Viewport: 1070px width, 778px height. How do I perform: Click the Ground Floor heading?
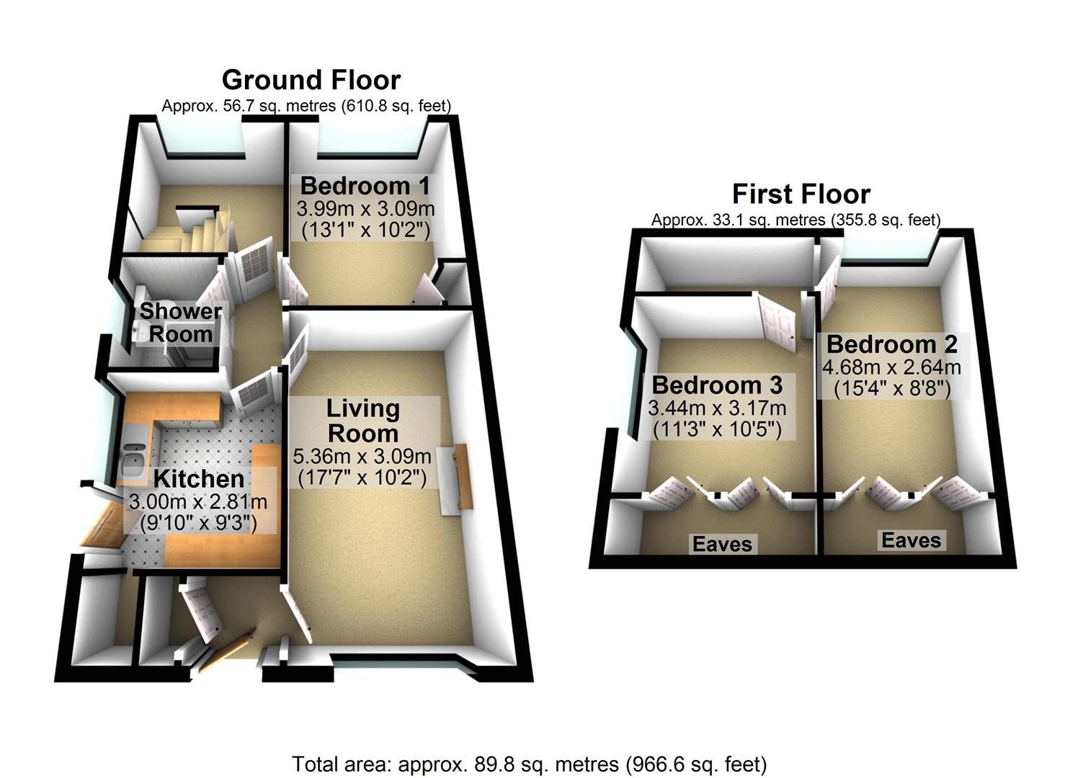[x=311, y=80]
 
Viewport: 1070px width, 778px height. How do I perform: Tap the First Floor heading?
[x=801, y=194]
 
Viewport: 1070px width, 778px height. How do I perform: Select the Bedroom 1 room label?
[x=365, y=186]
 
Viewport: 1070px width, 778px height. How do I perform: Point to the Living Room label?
[x=363, y=421]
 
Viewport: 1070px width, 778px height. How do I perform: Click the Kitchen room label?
[x=199, y=478]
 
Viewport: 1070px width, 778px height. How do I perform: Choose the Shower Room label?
[x=181, y=323]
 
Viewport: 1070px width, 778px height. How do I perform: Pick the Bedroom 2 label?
[x=892, y=344]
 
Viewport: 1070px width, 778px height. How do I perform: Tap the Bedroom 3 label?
[x=718, y=385]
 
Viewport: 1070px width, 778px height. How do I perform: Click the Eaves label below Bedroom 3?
[x=722, y=545]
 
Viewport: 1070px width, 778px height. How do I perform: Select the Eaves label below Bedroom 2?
[x=911, y=540]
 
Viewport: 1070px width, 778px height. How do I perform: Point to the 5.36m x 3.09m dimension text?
[x=362, y=457]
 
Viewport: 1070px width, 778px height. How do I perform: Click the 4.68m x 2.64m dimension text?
[x=891, y=367]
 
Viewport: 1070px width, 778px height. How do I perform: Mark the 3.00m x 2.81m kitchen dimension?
[x=198, y=502]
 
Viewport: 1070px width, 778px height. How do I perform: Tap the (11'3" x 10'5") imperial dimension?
[x=717, y=430]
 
